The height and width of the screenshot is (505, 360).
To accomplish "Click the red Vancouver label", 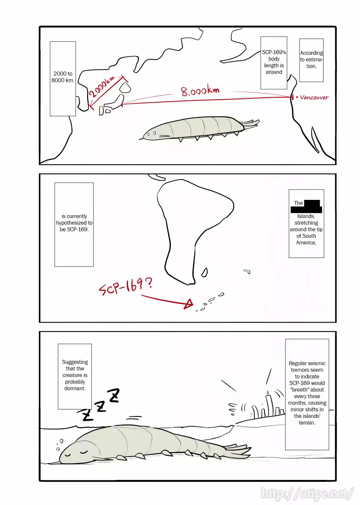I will (314, 97).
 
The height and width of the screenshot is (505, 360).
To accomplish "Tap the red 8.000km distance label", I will (200, 90).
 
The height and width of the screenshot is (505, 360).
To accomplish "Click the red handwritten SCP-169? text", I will (126, 286).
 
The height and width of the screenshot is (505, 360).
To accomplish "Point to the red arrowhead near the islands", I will (189, 303).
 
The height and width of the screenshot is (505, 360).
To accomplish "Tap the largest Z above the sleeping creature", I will (114, 395).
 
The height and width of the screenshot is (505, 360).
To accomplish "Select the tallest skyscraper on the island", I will (269, 404).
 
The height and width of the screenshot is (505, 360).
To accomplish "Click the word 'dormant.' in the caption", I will (75, 389).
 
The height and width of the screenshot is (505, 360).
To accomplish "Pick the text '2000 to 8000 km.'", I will (63, 77).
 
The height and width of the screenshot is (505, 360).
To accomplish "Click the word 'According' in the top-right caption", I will (311, 53).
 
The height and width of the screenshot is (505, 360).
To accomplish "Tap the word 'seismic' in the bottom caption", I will (316, 363).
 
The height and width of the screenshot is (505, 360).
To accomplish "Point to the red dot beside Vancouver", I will (297, 97).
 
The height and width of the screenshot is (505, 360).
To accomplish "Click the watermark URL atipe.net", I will (307, 494).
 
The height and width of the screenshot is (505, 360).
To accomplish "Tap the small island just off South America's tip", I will (205, 272).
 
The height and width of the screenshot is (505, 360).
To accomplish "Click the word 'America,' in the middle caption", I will (306, 243).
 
